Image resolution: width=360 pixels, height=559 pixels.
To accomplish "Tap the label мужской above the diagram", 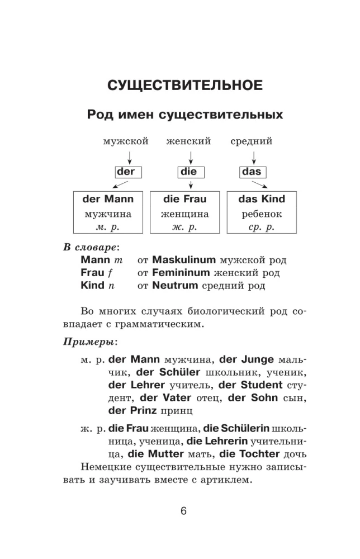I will pos(125,141).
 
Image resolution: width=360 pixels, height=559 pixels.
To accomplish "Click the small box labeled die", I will pos(189,172).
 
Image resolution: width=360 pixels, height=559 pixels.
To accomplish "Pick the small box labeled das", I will pos(250,172).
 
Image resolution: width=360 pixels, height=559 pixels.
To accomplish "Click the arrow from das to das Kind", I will pos(258,185).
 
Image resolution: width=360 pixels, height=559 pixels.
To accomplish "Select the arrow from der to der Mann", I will pos(120,185).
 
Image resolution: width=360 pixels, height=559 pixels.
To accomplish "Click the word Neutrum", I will pos(175,286).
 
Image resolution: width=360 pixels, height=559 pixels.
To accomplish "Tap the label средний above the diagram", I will pos(252,141).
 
